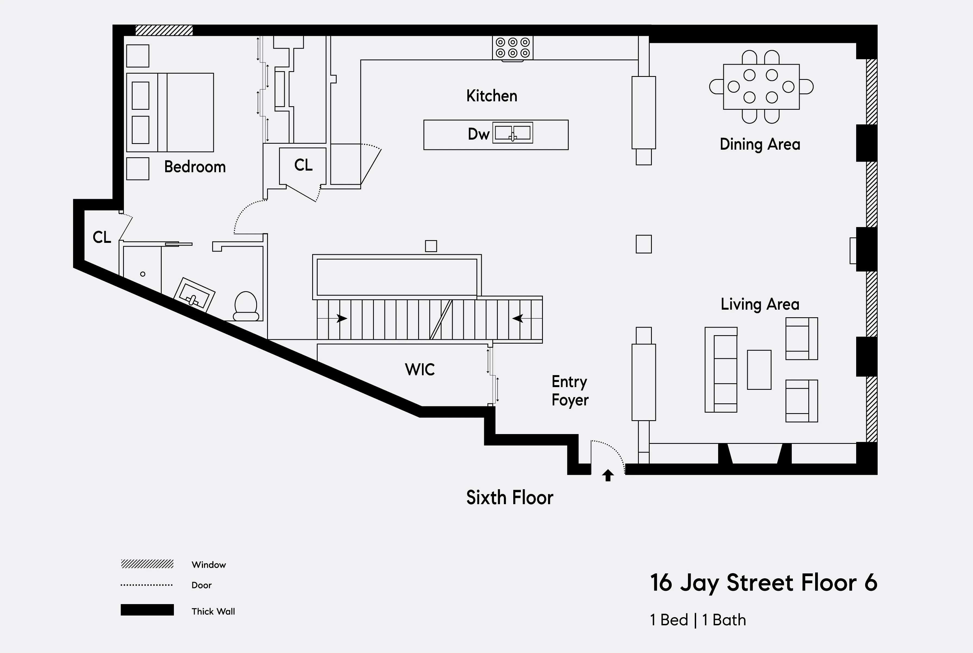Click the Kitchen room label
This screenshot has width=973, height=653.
coord(492,96)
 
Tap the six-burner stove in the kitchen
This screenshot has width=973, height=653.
coord(513,48)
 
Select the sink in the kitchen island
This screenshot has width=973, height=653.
coord(512,133)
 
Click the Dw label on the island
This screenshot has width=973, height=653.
coord(478,134)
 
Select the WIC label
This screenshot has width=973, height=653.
coord(420,369)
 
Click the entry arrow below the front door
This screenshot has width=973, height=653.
coord(608,475)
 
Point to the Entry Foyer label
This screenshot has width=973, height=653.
coord(570,391)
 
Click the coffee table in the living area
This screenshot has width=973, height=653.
coord(759,370)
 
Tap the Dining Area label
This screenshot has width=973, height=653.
coord(760,144)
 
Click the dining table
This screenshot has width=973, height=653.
coord(761,87)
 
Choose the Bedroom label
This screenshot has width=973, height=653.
coord(195,167)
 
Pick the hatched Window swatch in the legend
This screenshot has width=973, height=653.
coord(147,564)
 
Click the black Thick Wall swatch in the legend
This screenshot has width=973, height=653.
coord(147,610)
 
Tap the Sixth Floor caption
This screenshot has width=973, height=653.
coord(509,498)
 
